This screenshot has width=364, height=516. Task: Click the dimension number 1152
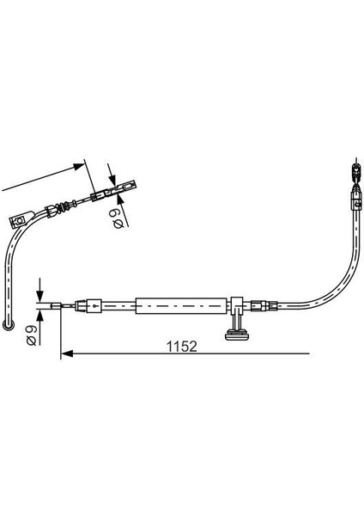click(x=182, y=347)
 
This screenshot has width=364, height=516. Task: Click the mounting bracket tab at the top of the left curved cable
click(x=21, y=218)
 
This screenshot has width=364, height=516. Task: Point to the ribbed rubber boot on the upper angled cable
click(x=61, y=206)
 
